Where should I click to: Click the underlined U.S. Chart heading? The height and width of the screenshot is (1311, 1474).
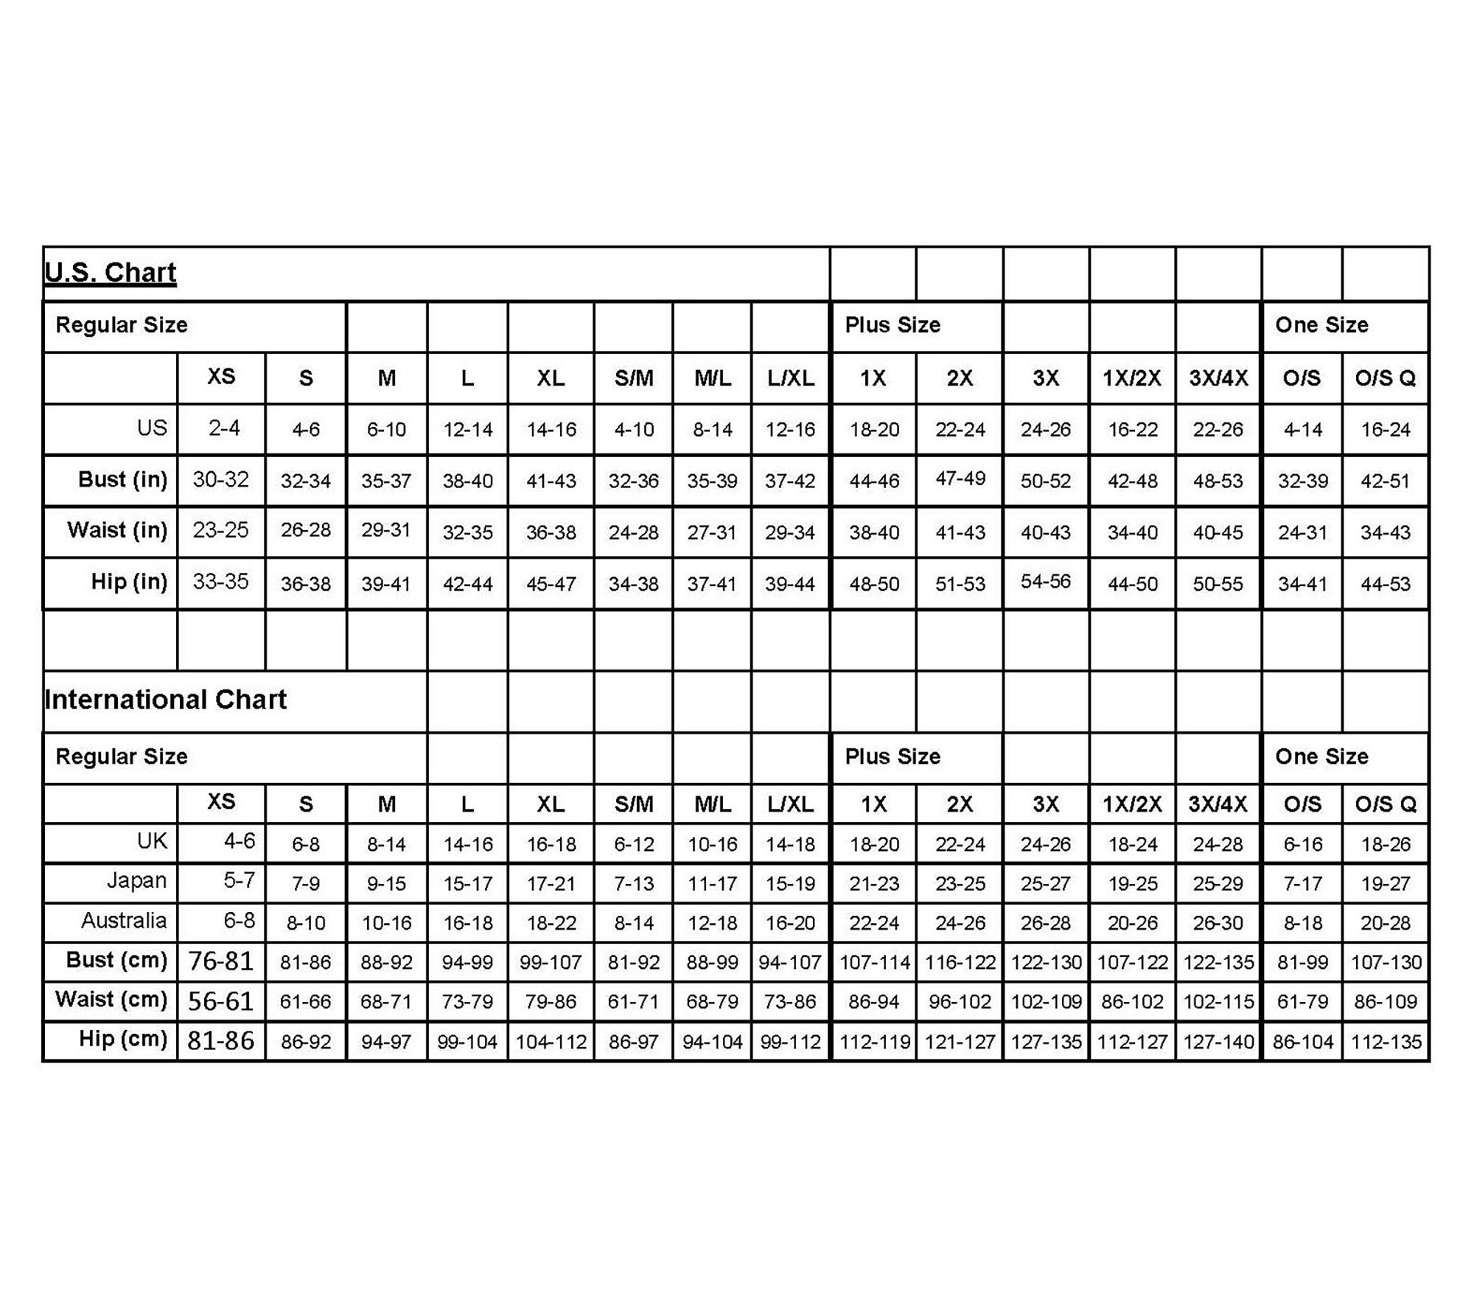111,273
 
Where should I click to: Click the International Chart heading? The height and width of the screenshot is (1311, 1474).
166,699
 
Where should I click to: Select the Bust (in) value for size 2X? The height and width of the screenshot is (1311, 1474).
960,479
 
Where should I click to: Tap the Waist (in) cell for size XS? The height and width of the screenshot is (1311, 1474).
220,530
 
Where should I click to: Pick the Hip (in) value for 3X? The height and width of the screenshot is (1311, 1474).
1045,581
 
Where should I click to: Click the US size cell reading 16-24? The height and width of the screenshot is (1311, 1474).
1385,429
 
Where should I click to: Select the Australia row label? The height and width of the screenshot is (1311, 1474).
124,920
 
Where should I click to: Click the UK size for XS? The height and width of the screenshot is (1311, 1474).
239,841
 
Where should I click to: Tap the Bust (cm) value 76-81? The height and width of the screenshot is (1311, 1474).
220,961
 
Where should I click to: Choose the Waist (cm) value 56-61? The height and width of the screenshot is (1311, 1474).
220,1001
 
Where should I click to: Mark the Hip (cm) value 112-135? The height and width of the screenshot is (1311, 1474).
1386,1042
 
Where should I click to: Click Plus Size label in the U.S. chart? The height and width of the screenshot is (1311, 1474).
892,325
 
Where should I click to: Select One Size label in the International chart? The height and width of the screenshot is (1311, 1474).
1321,757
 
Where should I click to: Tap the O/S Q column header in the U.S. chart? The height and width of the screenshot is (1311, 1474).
1385,378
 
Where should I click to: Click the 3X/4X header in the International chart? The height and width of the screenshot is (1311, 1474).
1218,804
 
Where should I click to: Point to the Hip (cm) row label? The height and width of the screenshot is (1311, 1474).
123,1039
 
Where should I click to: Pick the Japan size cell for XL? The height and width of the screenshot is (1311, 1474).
551,883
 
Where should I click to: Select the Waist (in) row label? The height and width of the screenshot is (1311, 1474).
117,530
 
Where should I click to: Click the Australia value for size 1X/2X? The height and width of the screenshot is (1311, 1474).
1132,922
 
